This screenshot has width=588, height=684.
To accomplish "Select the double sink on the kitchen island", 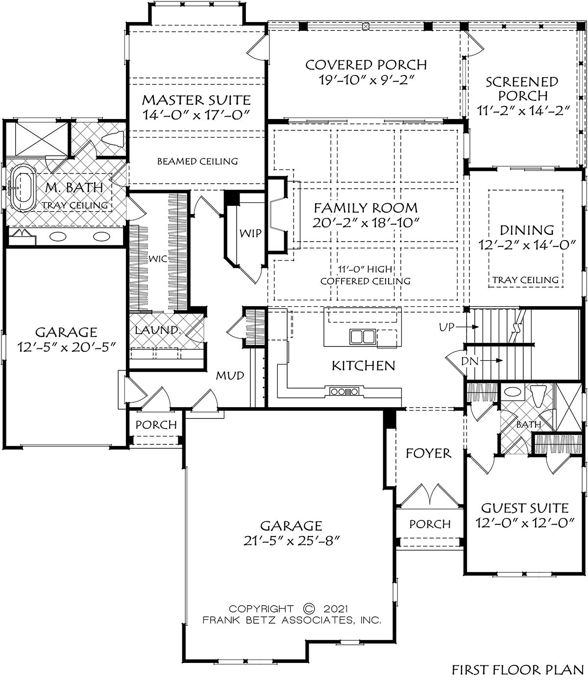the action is [x=362, y=337].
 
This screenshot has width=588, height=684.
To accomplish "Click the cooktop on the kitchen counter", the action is [x=344, y=392].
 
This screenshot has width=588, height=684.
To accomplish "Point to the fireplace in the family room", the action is [x=278, y=215].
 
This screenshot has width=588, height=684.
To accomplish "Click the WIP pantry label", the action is [x=250, y=233].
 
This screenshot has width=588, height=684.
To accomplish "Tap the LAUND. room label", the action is [x=158, y=330].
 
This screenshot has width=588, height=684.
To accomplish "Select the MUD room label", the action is [x=230, y=376].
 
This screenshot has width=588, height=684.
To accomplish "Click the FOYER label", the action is [x=429, y=453].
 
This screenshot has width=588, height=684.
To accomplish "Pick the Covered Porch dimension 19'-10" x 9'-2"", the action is [x=367, y=80].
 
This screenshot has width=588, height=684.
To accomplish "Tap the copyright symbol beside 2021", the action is [x=309, y=609].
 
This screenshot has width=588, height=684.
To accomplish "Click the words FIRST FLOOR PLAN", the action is [x=518, y=670].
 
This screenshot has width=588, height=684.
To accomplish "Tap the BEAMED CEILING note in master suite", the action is [x=197, y=162].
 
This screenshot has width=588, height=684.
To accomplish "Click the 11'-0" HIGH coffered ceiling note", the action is [x=365, y=269].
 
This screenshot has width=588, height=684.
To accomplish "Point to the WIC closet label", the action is [x=158, y=259].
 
